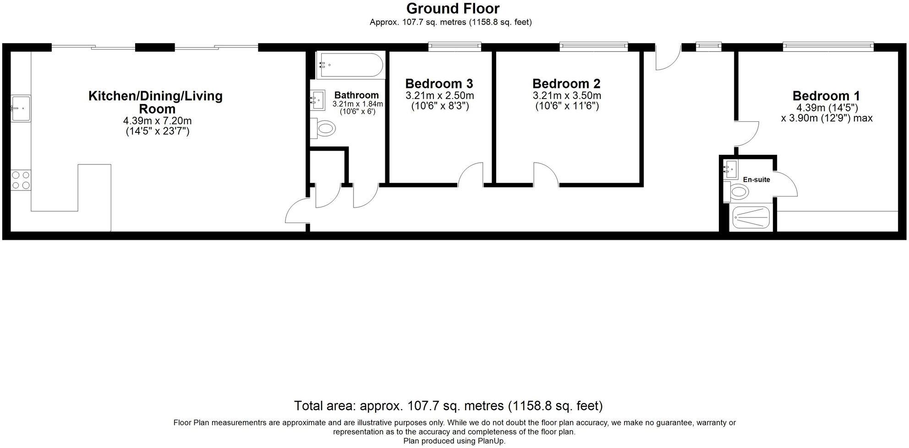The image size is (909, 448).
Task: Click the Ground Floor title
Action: tap(453, 8)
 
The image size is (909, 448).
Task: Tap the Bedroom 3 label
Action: tap(439, 84)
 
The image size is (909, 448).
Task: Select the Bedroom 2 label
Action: tap(566, 84)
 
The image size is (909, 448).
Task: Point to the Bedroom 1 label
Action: tap(826, 96)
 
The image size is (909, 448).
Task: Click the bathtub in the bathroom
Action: tap(350, 66)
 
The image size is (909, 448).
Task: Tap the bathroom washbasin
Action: tap(318, 100)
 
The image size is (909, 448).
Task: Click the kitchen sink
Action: tap(21, 108)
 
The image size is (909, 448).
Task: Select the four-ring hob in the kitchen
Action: tap(21, 180)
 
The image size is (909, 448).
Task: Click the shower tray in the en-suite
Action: tap(751, 217)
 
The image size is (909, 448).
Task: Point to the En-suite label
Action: tap(756, 180)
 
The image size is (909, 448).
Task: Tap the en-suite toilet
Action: tap(737, 191)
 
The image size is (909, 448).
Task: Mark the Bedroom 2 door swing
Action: tap(545, 175)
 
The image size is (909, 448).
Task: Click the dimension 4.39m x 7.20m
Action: tap(157, 121)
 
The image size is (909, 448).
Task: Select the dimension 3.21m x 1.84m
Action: tap(357, 104)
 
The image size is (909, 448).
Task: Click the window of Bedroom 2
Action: tap(593, 46)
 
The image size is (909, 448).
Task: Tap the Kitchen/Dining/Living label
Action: tap(155, 96)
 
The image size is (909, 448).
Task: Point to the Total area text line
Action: tap(448, 406)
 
